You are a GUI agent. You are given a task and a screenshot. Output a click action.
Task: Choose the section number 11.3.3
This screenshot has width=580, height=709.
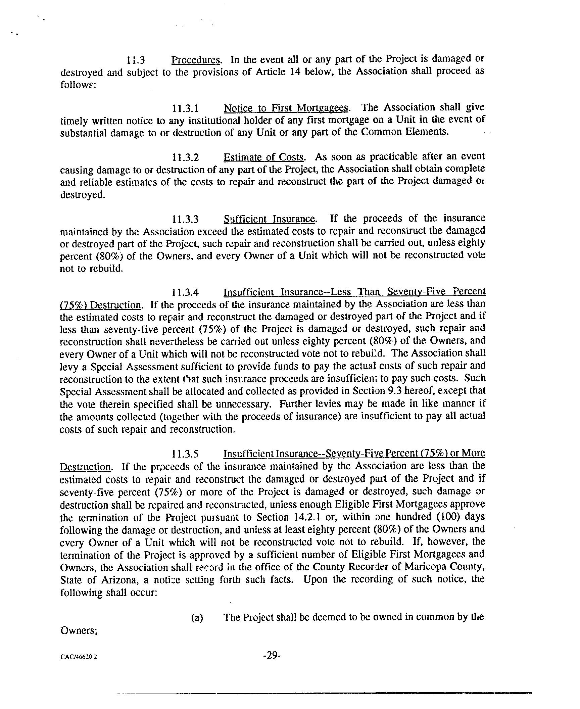(185, 220)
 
